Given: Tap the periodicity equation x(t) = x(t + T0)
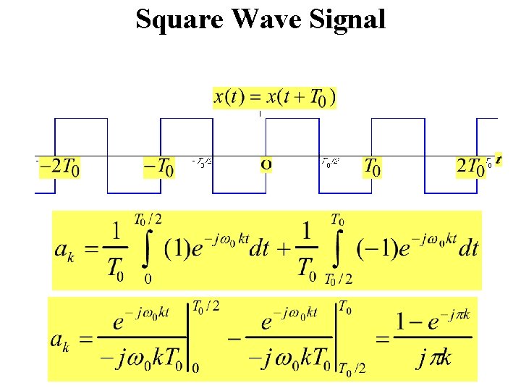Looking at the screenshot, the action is (274, 96).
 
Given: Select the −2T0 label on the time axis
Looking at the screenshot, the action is (59, 168).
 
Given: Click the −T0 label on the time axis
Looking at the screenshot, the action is (158, 168).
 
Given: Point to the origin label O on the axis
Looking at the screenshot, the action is (266, 165).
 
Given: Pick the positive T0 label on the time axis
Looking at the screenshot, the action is (372, 168).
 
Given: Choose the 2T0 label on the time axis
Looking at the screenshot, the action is (470, 168).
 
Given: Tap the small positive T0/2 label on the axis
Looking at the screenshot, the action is (330, 162).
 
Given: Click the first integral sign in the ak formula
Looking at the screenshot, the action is (148, 250).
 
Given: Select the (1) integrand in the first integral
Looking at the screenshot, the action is (177, 249).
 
